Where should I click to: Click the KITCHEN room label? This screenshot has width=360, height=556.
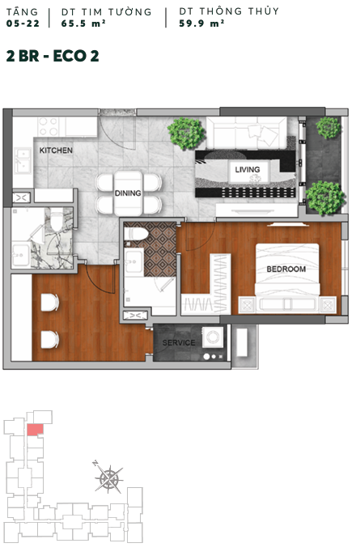56,151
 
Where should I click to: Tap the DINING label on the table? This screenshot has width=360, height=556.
128,193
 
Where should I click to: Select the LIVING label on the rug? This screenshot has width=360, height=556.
248,169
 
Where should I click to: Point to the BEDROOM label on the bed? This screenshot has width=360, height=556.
286,270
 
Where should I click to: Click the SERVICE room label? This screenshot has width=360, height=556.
179,343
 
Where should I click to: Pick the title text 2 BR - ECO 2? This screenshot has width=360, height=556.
53,56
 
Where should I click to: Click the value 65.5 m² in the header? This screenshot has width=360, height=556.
83,23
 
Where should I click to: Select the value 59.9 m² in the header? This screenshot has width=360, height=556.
201,23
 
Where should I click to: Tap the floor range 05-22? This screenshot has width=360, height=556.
23,23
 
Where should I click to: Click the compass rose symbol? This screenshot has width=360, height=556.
108,478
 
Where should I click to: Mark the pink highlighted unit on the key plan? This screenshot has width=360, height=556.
35,430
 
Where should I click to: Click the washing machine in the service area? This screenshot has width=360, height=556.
213,337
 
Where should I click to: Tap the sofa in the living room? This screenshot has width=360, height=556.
247,133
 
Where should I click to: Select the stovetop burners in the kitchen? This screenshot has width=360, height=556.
49,127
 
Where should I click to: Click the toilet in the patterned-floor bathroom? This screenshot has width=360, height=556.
136,234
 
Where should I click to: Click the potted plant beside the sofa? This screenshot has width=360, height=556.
186,133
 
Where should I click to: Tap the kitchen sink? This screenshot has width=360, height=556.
23,160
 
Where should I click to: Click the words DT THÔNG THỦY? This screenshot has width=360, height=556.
229,11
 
